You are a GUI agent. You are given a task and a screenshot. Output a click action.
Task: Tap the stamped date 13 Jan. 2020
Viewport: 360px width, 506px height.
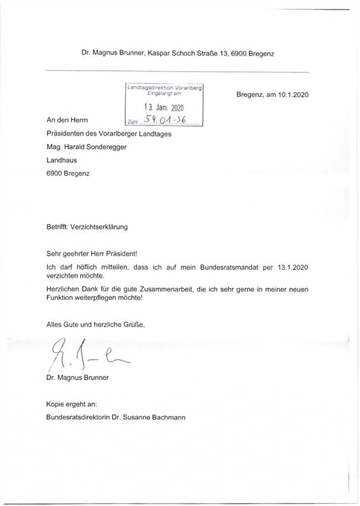pos(165,108)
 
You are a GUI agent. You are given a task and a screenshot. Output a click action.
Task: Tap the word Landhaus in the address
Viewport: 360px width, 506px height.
pos(61,159)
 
